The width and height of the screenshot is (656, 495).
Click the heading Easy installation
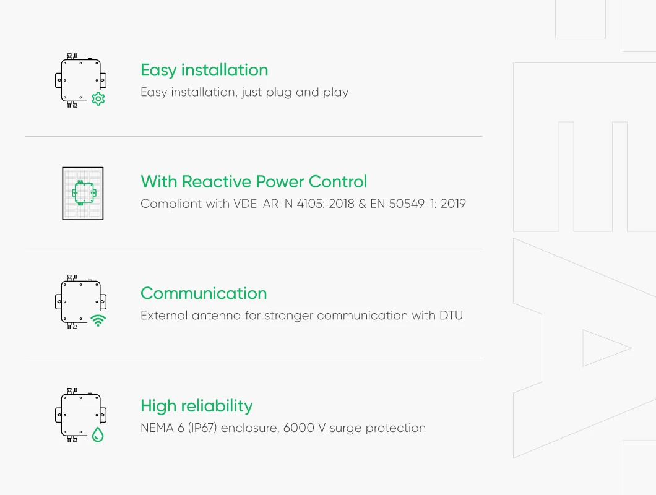(204, 70)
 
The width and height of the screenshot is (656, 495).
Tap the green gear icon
(98, 99)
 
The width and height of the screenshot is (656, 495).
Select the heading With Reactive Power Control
(254, 182)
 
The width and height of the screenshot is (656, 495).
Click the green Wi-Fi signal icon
(98, 321)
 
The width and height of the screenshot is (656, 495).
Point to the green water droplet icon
(98, 434)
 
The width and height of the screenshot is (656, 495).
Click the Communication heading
(204, 293)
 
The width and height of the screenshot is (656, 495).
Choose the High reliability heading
(196, 406)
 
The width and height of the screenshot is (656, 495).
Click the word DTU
(451, 316)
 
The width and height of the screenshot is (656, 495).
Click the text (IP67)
(201, 428)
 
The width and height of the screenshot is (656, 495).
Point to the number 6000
(300, 428)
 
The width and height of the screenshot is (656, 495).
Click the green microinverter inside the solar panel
(83, 193)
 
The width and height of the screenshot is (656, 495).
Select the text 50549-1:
(409, 204)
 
